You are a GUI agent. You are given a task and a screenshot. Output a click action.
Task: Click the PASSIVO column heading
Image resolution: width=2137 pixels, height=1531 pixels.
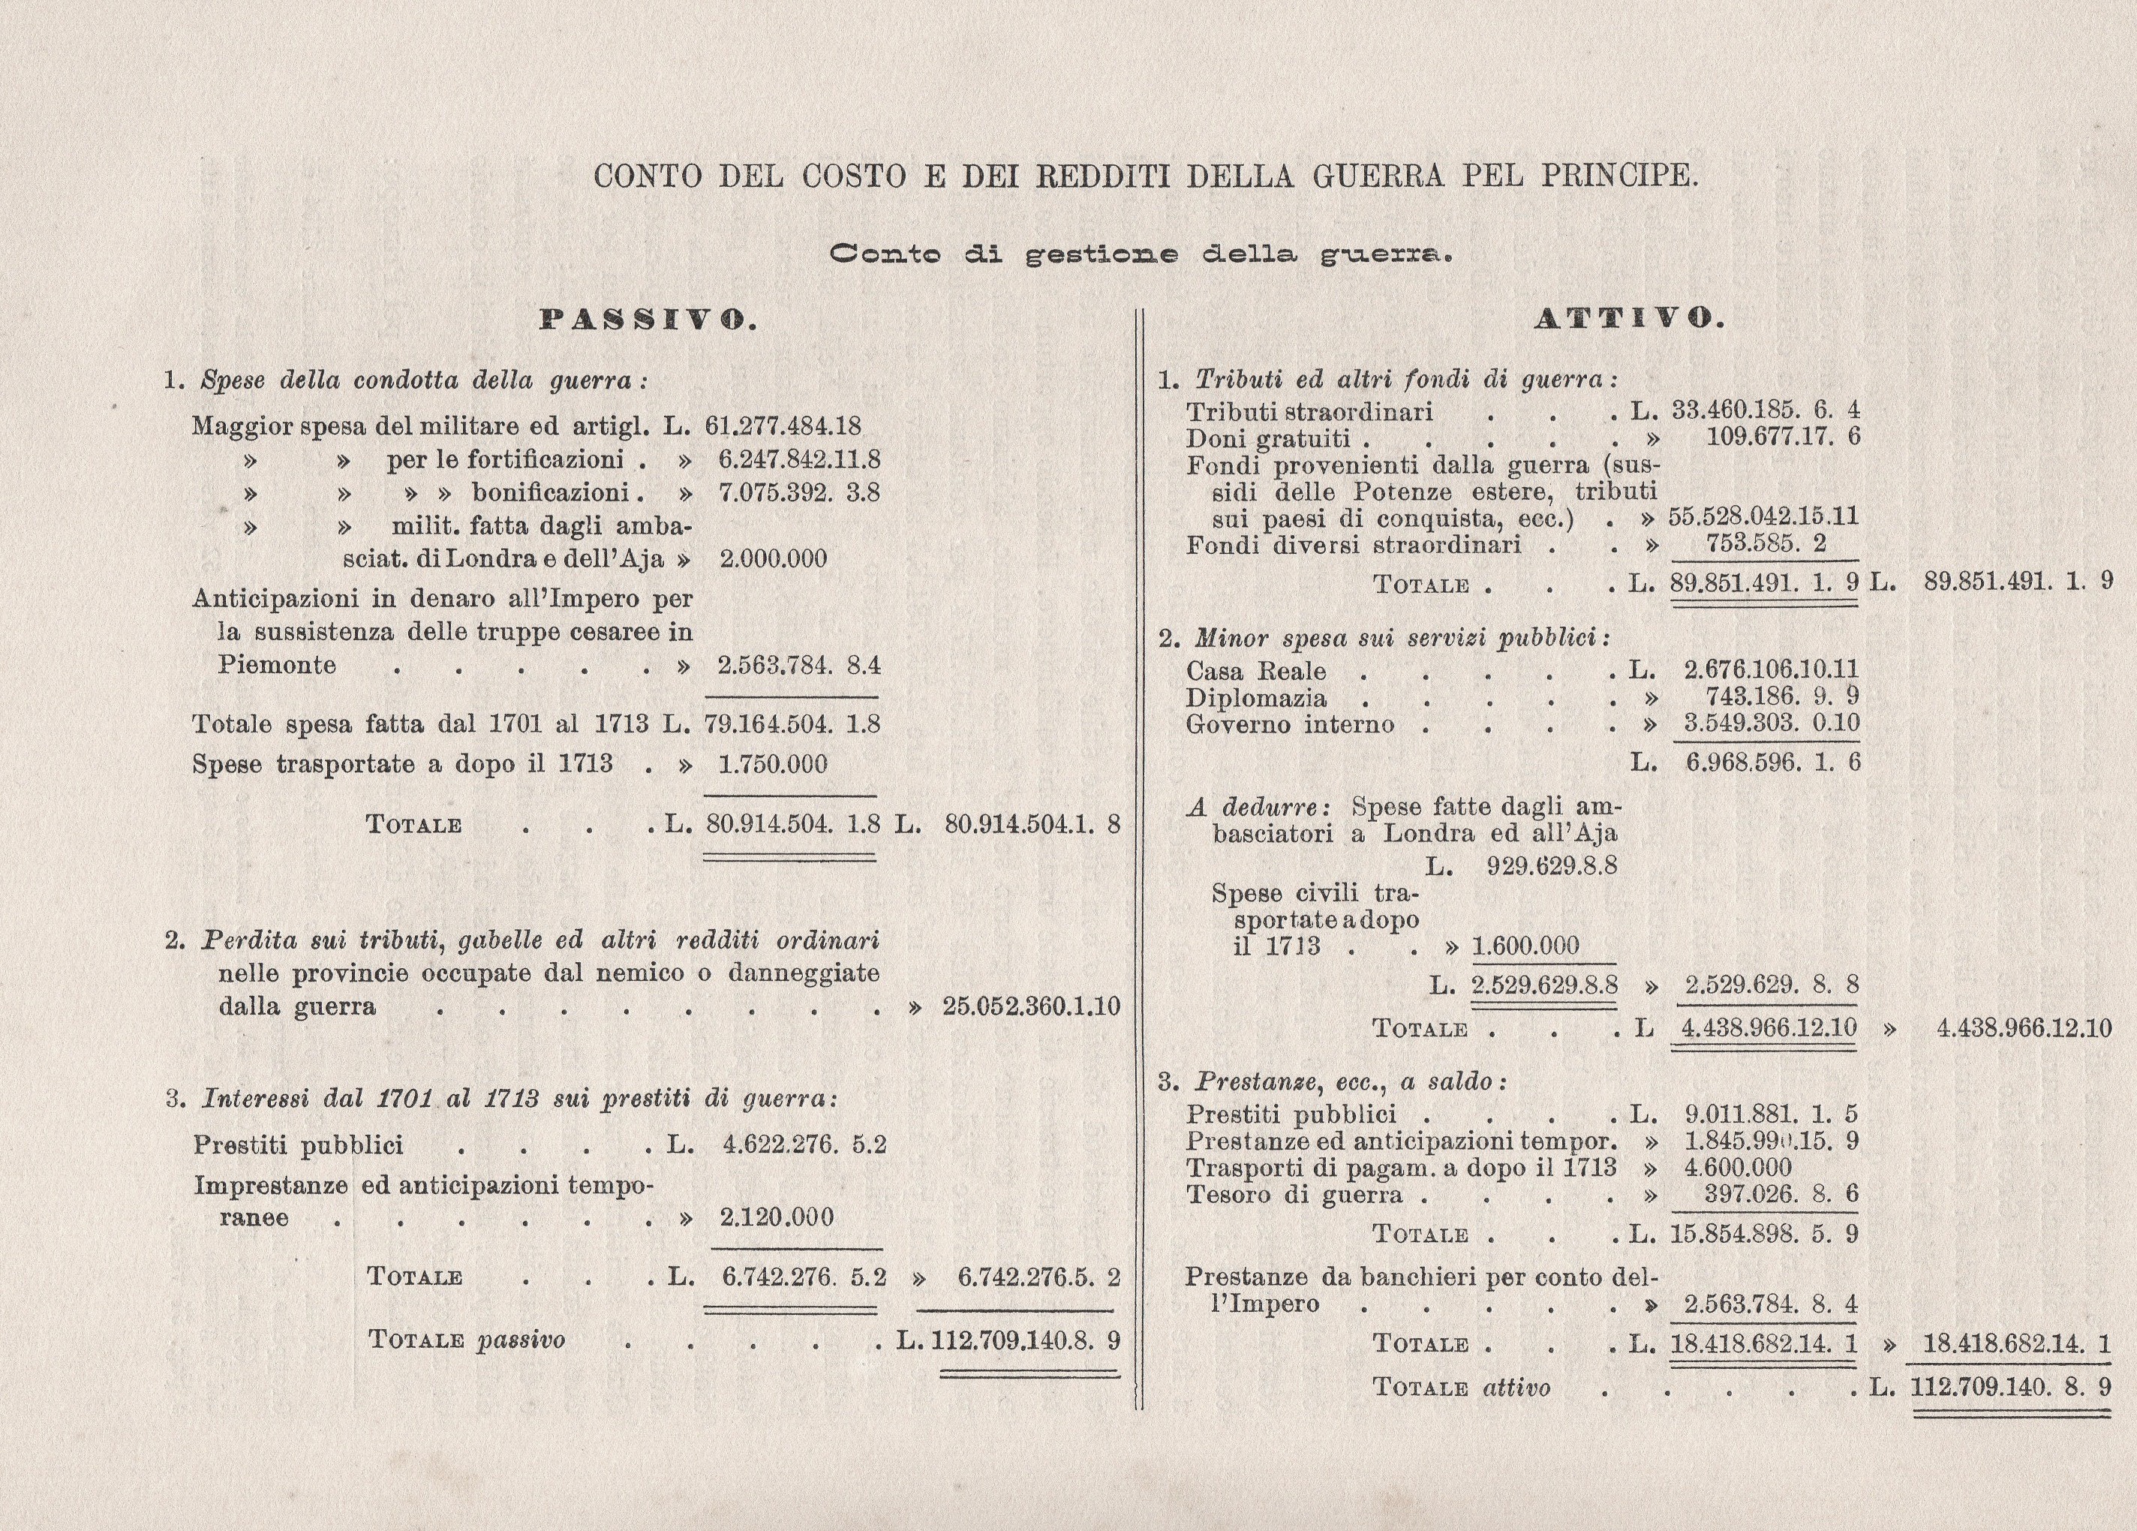648,320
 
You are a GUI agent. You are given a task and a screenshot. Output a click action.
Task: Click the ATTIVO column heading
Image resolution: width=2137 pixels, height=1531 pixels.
1629,320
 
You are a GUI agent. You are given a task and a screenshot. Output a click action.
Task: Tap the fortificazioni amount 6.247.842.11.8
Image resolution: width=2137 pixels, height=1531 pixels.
799,460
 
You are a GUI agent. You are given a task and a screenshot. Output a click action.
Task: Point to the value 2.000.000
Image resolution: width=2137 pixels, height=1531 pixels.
773,558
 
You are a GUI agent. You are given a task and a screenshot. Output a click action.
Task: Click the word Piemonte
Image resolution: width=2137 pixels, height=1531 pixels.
277,665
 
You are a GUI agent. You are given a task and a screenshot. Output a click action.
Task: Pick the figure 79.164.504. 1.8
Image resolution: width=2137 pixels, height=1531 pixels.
792,724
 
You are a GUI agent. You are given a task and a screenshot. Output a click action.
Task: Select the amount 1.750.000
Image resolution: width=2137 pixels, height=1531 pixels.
773,764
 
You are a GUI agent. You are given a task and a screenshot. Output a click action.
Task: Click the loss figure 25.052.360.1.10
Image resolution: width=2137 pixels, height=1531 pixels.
1031,1006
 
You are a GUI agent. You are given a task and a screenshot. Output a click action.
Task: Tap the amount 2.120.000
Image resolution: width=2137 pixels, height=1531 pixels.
777,1217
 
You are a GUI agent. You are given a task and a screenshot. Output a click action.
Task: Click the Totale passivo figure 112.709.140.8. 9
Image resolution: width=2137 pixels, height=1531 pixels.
1025,1340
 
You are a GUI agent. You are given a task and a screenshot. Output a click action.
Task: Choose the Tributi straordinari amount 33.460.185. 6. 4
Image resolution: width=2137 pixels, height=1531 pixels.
1765,411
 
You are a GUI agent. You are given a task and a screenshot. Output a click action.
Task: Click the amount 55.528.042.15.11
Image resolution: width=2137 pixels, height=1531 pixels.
1763,517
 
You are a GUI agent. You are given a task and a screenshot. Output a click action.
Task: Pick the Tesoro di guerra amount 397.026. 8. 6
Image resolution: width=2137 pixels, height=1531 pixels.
1780,1195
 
